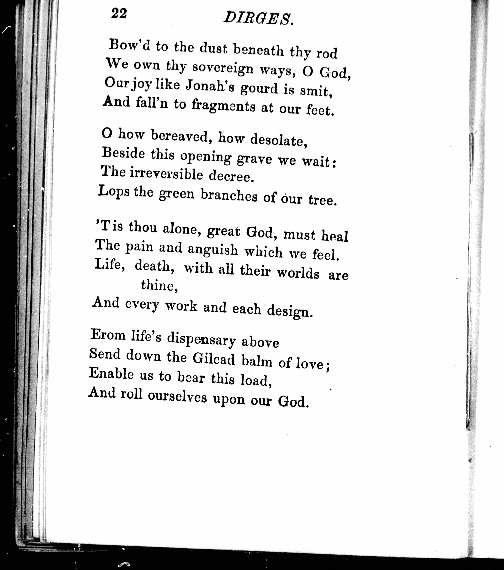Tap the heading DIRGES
coord(258,19)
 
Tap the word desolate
coord(279,140)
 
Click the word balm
coord(257,362)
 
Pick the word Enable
coord(111,374)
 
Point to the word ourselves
coord(177,396)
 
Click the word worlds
coord(298,273)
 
